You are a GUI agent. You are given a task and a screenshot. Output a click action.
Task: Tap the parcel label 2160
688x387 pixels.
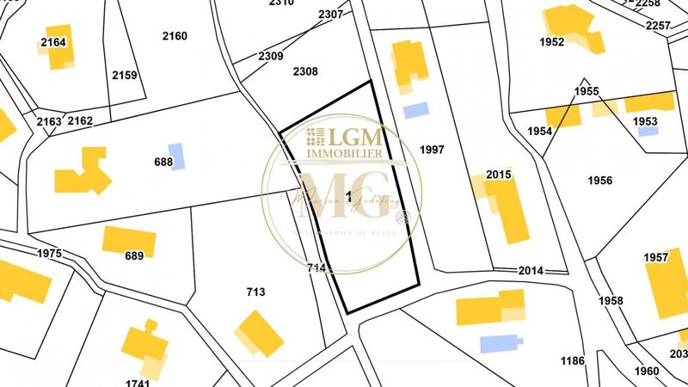click(175, 36)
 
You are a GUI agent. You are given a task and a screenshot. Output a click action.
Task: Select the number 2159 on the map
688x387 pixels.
click(125, 76)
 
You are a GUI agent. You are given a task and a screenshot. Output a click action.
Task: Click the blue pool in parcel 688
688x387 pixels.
click(176, 156)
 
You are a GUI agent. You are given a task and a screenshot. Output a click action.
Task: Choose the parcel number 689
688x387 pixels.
click(133, 255)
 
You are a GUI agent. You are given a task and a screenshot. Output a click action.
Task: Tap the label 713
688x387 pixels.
click(255, 292)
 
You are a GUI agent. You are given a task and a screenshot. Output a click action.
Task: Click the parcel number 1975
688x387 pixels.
click(52, 254)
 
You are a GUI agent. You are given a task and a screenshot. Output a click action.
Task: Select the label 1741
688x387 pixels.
click(138, 381)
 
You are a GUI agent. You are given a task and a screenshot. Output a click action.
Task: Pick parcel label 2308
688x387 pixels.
click(305, 71)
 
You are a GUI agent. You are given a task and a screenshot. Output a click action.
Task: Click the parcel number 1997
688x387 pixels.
click(432, 150)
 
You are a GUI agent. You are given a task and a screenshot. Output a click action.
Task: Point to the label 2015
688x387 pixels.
click(499, 175)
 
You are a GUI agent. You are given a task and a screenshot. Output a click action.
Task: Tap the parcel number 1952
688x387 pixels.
click(552, 41)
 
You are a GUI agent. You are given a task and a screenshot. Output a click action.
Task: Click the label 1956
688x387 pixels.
click(599, 180)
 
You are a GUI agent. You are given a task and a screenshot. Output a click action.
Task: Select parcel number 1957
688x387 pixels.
click(655, 257)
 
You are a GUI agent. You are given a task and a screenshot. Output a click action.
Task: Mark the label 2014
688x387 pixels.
click(531, 270)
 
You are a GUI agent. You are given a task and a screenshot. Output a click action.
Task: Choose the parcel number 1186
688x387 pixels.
click(572, 360)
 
